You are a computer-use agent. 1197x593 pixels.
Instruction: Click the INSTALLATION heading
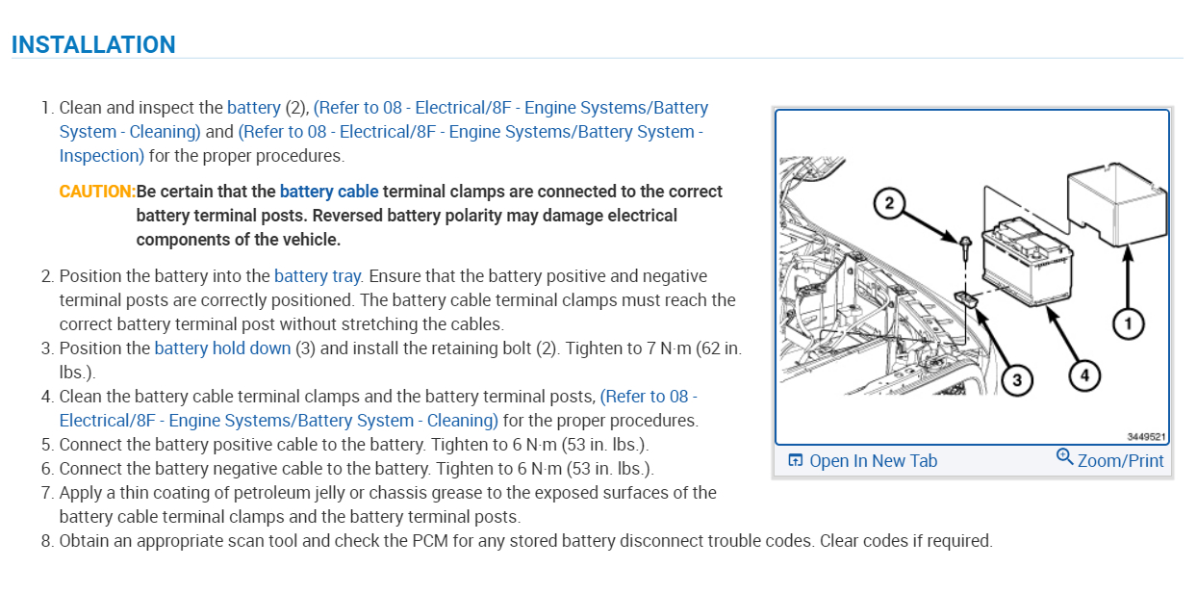(x=93, y=44)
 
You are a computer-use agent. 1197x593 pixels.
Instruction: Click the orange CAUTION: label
(x=97, y=192)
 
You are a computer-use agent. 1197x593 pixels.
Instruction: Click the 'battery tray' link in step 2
(x=318, y=276)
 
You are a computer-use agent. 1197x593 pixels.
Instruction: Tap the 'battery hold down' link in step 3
(x=222, y=348)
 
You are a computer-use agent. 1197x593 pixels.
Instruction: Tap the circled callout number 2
(x=890, y=203)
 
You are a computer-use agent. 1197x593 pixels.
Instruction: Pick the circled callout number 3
(x=1017, y=380)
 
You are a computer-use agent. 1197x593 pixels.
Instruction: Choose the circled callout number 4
(x=1084, y=376)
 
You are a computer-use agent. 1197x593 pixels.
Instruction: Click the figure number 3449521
(x=1147, y=436)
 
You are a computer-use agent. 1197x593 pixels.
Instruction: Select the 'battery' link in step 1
(x=254, y=108)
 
